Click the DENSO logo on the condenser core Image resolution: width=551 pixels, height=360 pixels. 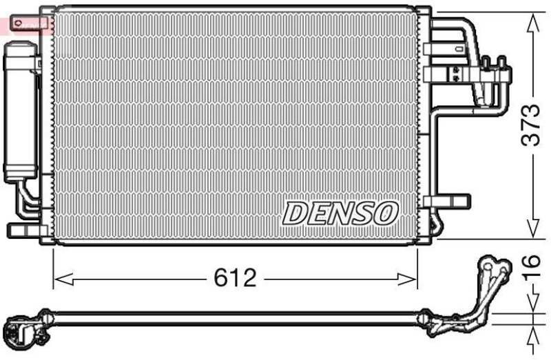(x=340, y=213)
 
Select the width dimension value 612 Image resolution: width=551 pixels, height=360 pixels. (x=234, y=279)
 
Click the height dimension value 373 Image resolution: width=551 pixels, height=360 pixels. (x=530, y=125)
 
